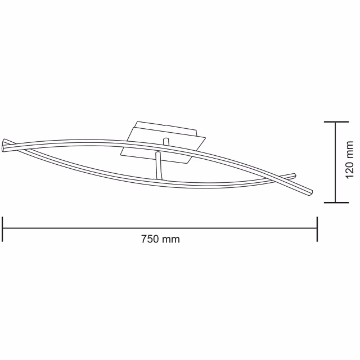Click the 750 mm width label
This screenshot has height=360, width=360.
[160, 239]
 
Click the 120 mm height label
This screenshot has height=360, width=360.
[350, 161]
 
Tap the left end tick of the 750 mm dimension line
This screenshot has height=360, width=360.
[3, 228]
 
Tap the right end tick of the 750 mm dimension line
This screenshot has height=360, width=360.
[317, 228]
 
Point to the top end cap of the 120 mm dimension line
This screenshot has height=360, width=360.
[336, 121]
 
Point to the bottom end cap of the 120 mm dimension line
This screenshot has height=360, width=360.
[336, 202]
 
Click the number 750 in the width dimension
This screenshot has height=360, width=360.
[149, 239]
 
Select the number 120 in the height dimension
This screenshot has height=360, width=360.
[350, 169]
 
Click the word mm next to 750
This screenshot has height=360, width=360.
[171, 239]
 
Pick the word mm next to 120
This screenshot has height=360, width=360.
[350, 149]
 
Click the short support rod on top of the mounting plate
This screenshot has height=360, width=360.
[165, 141]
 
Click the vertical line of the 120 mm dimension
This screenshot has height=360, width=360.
[336, 162]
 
